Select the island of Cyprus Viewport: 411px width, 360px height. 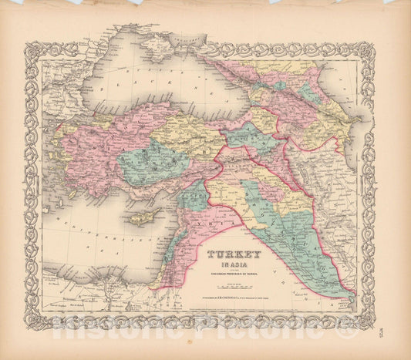144,218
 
